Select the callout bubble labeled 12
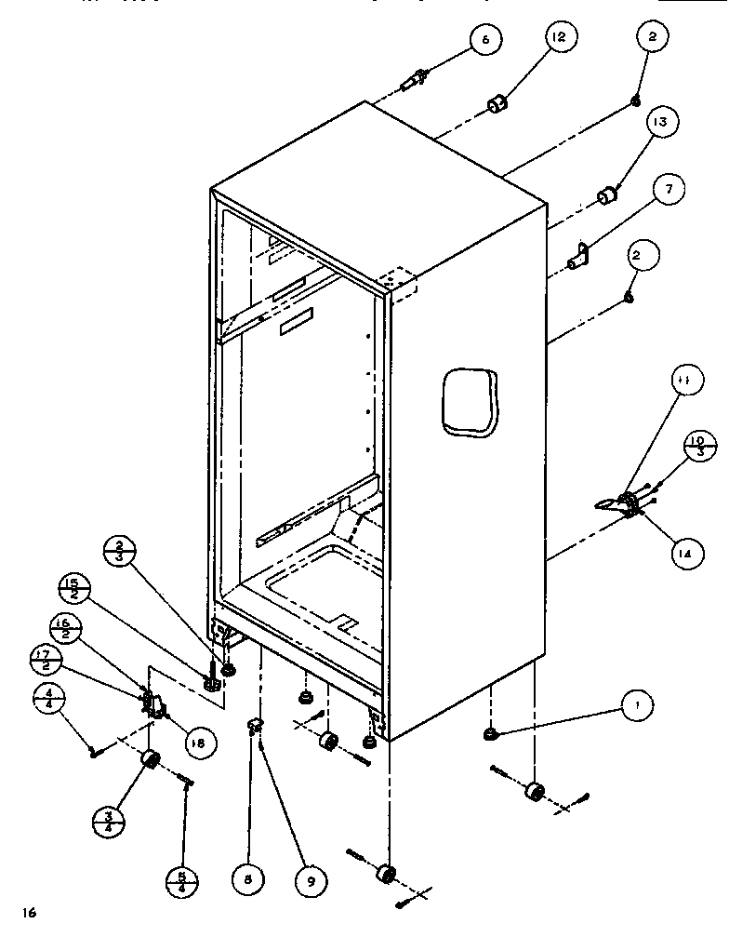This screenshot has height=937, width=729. tap(558, 38)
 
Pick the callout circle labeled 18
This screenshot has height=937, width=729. tap(198, 741)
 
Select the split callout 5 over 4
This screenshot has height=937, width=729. tap(183, 880)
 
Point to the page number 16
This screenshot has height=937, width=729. tap(31, 913)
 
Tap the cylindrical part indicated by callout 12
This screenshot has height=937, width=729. tap(499, 101)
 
